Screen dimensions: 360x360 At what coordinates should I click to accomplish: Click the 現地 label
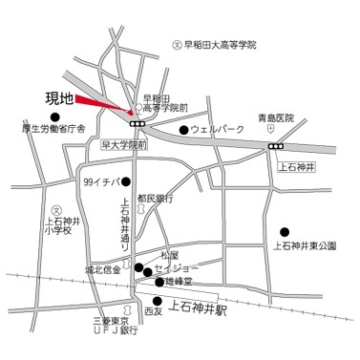click(x=59, y=97)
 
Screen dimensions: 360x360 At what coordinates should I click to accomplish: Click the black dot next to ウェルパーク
click(x=183, y=129)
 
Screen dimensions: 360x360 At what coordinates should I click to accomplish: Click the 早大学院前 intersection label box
click(x=124, y=147)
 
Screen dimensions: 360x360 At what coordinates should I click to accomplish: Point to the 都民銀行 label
click(x=155, y=200)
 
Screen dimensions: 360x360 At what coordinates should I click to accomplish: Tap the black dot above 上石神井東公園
click(x=284, y=231)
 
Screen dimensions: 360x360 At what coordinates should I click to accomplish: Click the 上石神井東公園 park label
click(x=305, y=245)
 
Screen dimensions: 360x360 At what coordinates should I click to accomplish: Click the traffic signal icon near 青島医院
click(x=276, y=146)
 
